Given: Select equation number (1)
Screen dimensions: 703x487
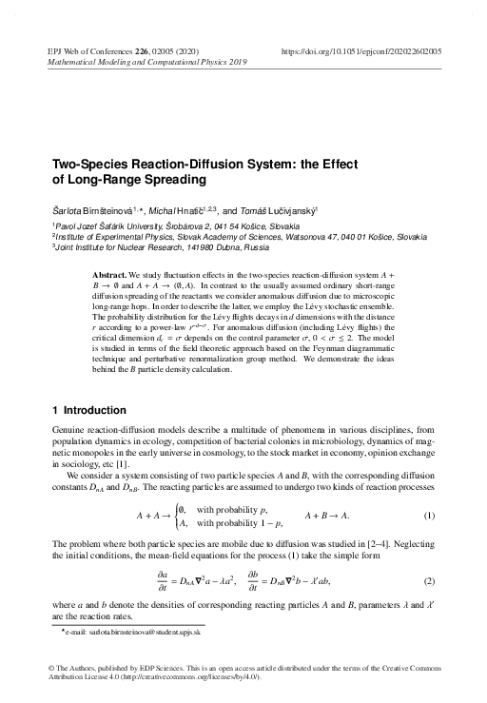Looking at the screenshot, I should coord(429,516).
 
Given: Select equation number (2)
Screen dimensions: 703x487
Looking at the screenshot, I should coord(429,580).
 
